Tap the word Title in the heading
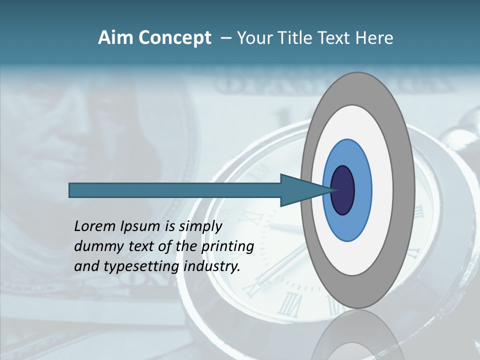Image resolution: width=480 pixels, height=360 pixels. click(301, 38)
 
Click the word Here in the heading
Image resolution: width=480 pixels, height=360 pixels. click(375, 38)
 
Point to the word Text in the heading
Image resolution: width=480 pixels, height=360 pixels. click(337, 38)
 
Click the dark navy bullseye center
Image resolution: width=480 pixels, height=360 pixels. click(343, 190)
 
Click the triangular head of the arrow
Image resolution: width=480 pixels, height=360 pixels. click(300, 190)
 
